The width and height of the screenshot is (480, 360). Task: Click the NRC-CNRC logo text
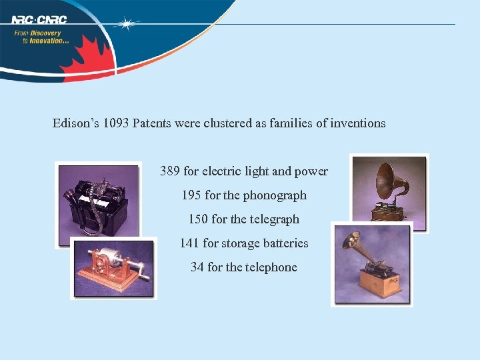(x=39, y=19)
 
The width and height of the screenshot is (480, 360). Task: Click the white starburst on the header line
(x=126, y=25)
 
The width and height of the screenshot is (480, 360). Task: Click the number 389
(x=170, y=171)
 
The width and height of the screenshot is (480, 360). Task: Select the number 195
(x=191, y=195)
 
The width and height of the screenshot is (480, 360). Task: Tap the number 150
(x=198, y=219)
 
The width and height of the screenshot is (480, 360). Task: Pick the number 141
(x=189, y=243)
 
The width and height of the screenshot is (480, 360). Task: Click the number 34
(x=197, y=267)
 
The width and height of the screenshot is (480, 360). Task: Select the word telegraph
(x=273, y=219)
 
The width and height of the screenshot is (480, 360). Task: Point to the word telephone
(x=271, y=267)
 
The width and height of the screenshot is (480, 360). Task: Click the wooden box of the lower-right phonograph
(x=381, y=283)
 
